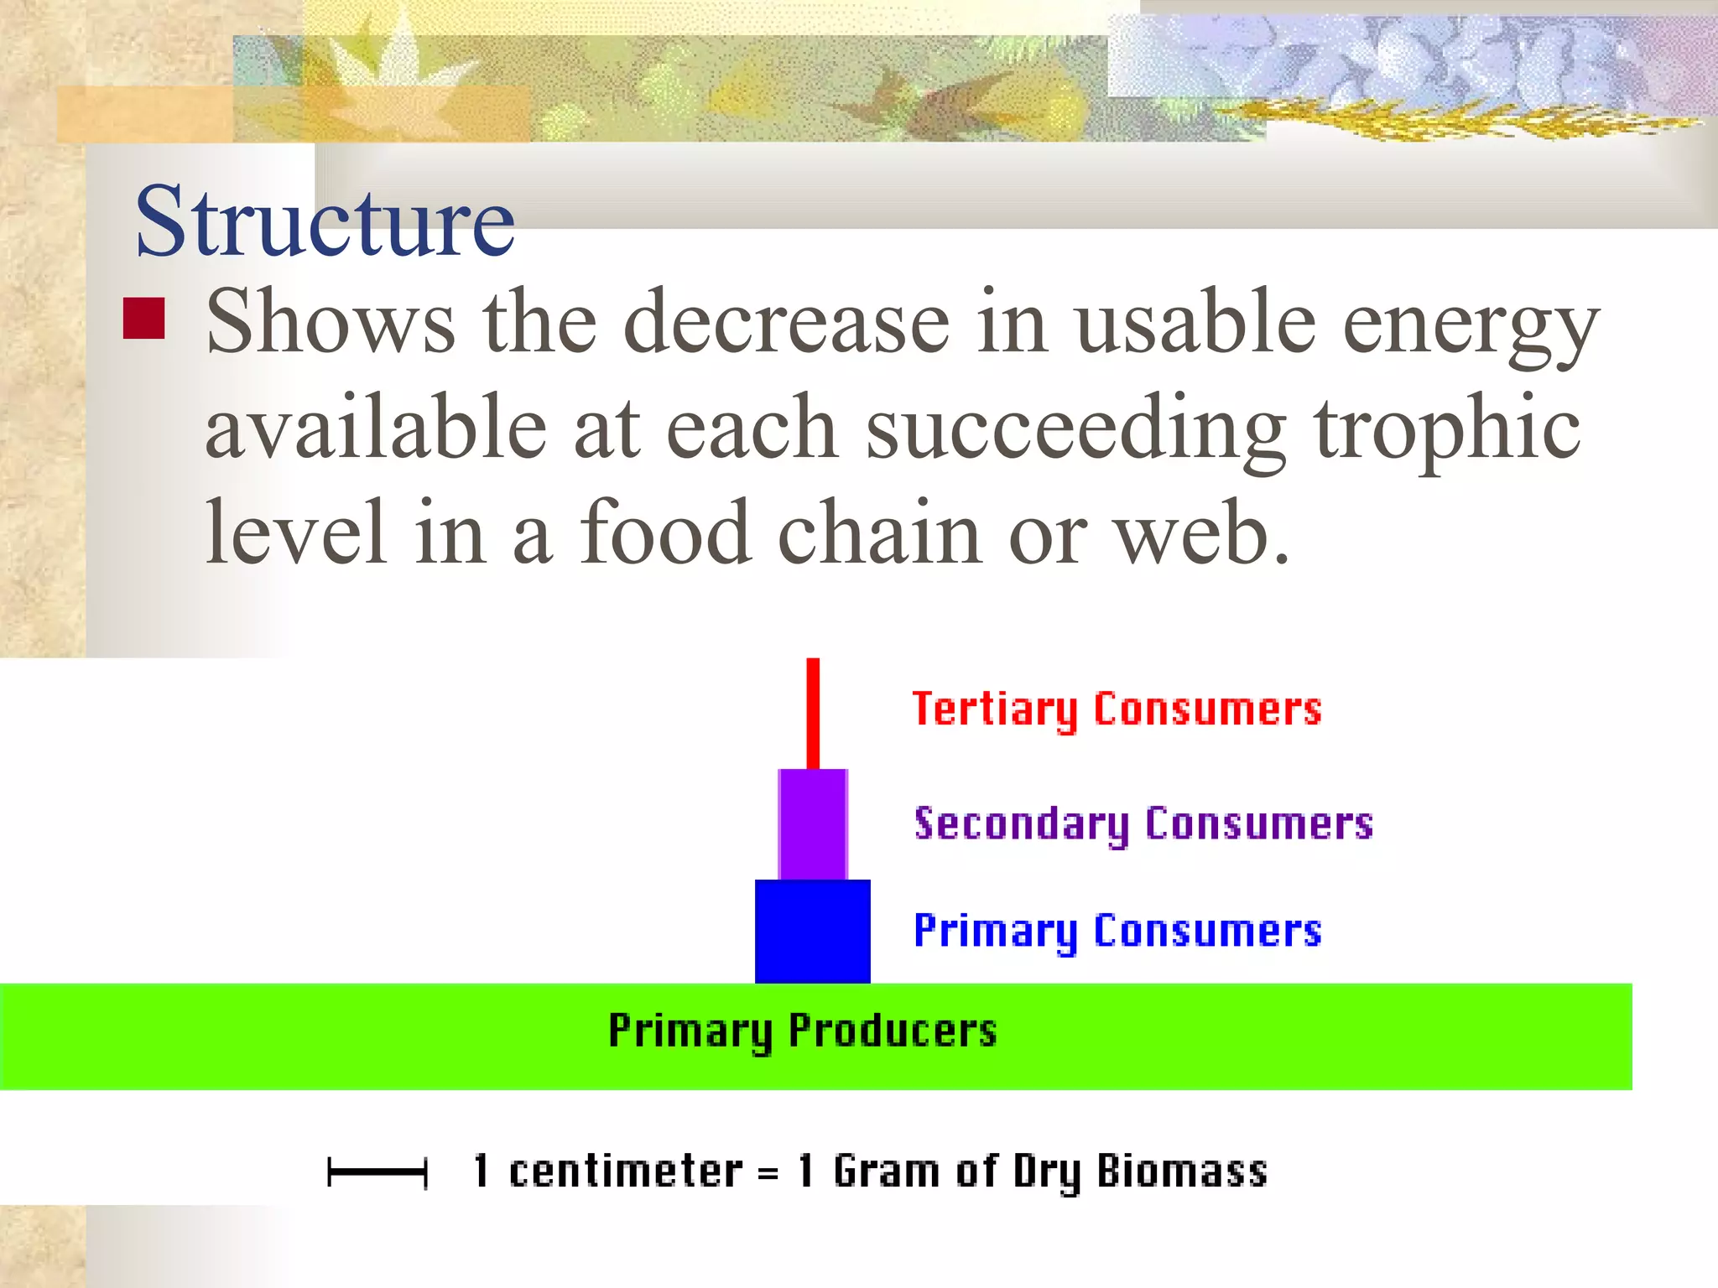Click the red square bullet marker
pyautogui.click(x=143, y=319)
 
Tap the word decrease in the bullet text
pyautogui.click(x=787, y=323)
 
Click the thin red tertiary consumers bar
pyautogui.click(x=813, y=713)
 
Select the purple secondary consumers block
pyautogui.click(x=812, y=823)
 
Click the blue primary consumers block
pyautogui.click(x=812, y=931)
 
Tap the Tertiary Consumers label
pyautogui.click(x=1116, y=709)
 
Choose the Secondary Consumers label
pyautogui.click(x=1143, y=823)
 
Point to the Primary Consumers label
pyautogui.click(x=1117, y=931)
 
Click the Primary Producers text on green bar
pyautogui.click(x=802, y=1031)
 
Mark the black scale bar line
pyautogui.click(x=377, y=1171)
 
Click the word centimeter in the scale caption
pyautogui.click(x=625, y=1171)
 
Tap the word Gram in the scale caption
pyautogui.click(x=887, y=1171)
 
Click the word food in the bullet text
pyautogui.click(x=664, y=533)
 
